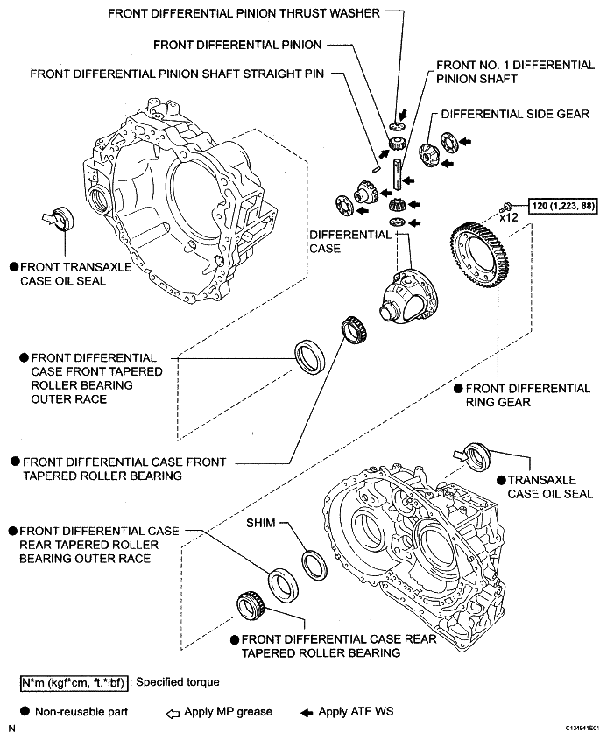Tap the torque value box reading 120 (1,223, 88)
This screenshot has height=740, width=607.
[x=563, y=206]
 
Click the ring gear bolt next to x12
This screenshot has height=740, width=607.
[x=505, y=207]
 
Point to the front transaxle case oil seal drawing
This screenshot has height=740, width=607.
[x=64, y=219]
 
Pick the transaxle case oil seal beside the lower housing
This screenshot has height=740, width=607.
[x=477, y=456]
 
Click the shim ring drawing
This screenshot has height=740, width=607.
[x=314, y=566]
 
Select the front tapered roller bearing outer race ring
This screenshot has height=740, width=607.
[x=310, y=356]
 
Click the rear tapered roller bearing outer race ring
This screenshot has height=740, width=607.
[x=283, y=586]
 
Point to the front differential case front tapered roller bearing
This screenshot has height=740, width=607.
[x=356, y=330]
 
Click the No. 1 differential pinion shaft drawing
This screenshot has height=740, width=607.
[x=398, y=174]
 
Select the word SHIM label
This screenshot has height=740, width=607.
[x=260, y=523]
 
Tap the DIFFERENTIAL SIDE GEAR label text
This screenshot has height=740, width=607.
[x=515, y=114]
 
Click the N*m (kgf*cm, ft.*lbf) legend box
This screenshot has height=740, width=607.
[x=74, y=683]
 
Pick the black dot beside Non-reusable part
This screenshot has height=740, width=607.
[x=25, y=711]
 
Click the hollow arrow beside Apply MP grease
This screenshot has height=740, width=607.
[x=173, y=714]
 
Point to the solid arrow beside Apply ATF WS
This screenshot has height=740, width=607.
[x=307, y=713]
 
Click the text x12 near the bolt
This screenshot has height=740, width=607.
[x=509, y=217]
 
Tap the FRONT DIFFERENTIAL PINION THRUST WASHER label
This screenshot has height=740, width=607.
[x=244, y=13]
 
